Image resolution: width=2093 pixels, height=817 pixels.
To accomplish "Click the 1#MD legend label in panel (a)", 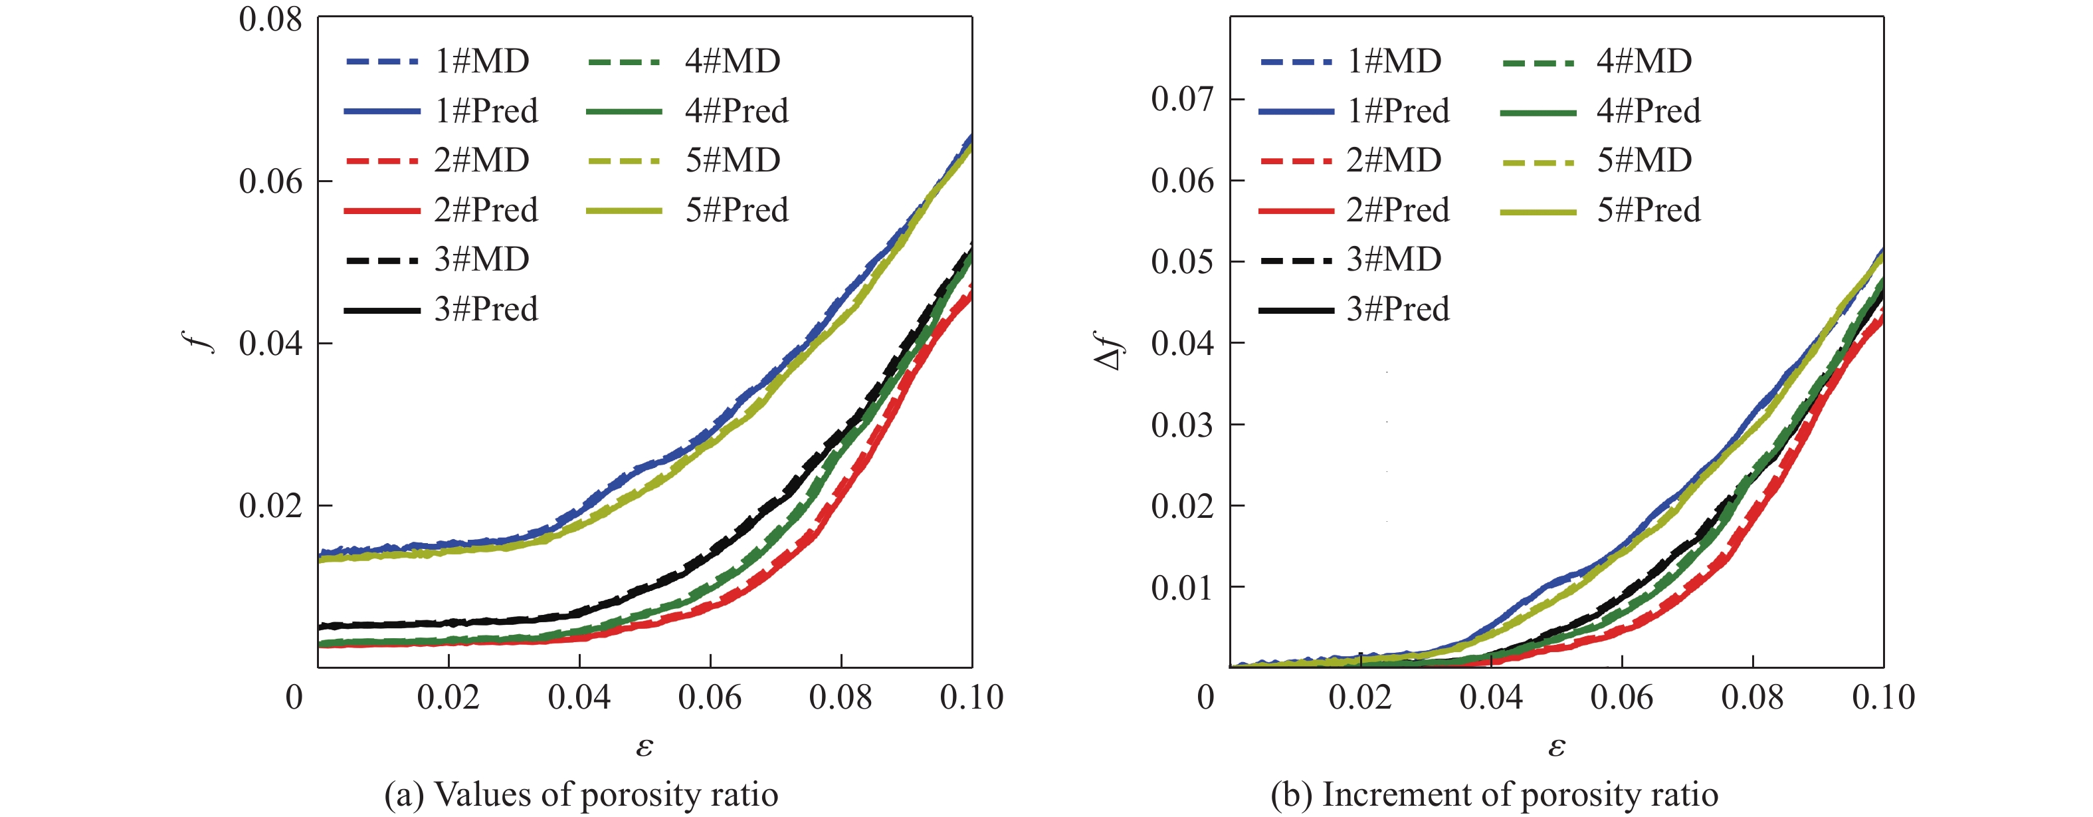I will pyautogui.click(x=482, y=61).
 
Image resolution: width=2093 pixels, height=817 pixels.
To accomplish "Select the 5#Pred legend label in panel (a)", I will pyautogui.click(x=737, y=210).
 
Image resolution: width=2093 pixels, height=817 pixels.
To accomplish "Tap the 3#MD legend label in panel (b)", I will pyautogui.click(x=1394, y=259).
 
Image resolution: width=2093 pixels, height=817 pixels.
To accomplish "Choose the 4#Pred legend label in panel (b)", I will pyautogui.click(x=1648, y=110).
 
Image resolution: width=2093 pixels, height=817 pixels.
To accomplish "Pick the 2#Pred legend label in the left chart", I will pyautogui.click(x=486, y=210).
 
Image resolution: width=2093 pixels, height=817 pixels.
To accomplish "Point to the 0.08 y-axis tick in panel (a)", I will pyautogui.click(x=270, y=19).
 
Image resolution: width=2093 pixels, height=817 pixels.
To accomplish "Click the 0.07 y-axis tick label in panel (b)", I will pyautogui.click(x=1182, y=99).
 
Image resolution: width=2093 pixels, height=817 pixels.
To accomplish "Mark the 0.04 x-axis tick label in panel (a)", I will pyautogui.click(x=579, y=697).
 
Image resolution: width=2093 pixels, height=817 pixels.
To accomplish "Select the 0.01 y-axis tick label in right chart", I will pyautogui.click(x=1182, y=587).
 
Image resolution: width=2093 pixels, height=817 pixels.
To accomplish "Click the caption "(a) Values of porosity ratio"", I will pyautogui.click(x=581, y=794).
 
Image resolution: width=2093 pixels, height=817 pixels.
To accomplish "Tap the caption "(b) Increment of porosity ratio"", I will pyautogui.click(x=1494, y=794).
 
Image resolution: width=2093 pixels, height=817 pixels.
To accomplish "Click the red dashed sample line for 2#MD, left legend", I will pyautogui.click(x=382, y=161).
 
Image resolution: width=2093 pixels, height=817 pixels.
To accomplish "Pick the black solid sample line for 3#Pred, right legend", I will pyautogui.click(x=1295, y=310).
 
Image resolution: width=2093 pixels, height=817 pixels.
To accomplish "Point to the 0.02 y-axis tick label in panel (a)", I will pyautogui.click(x=270, y=506).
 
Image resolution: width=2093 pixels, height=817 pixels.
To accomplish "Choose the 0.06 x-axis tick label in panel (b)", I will pyautogui.click(x=1622, y=697).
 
